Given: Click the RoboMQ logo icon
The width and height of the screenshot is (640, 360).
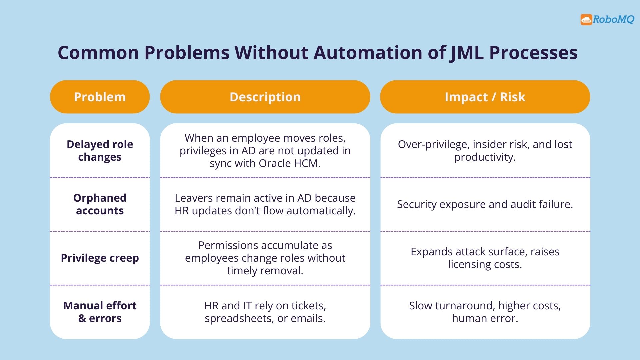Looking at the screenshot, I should click(x=586, y=20).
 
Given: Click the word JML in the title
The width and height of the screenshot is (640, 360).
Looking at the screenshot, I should click(x=466, y=53).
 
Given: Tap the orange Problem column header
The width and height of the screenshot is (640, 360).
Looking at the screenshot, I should click(x=100, y=97).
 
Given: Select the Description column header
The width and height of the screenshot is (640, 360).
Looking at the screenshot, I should click(x=265, y=97).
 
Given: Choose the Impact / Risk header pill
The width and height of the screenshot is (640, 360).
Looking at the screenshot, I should click(x=485, y=97).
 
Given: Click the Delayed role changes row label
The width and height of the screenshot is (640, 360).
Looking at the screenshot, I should click(x=100, y=150).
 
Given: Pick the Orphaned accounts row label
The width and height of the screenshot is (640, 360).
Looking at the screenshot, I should click(x=100, y=204).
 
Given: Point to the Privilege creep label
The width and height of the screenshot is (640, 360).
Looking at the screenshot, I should click(x=100, y=258).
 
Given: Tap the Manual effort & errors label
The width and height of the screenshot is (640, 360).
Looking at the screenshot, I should click(x=100, y=312).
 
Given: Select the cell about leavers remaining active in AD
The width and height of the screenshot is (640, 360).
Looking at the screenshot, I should click(x=265, y=204).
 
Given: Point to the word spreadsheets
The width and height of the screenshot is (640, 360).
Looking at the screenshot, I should click(x=239, y=318).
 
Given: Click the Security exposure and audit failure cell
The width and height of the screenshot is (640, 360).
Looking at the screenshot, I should click(x=485, y=204).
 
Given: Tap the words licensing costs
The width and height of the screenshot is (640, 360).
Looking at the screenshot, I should click(x=485, y=264).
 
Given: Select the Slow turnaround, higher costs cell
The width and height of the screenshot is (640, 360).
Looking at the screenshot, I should click(x=485, y=312).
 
